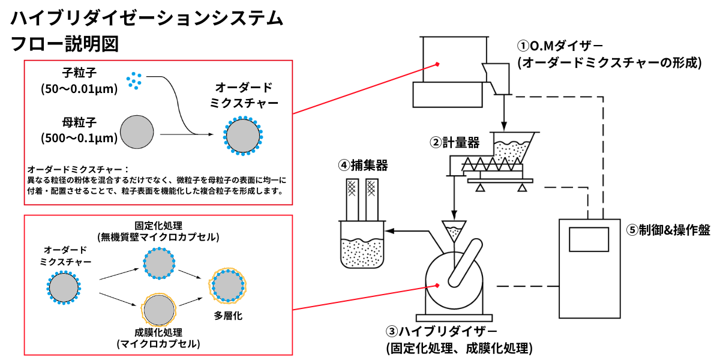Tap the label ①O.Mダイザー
coord(560,46)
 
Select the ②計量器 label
coord(455,142)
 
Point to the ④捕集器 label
coord(363,165)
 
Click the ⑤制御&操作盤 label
coord(668,230)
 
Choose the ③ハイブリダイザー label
coord(441,331)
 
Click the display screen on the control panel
coord(589,239)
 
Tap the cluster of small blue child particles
coord(134,80)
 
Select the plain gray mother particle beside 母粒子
coord(137,132)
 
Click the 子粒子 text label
coord(79,73)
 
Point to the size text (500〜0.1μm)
coord(79,138)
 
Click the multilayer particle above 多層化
coord(227,286)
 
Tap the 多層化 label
coord(228,316)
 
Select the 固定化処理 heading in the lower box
coord(158,226)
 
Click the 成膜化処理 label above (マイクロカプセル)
coord(158,332)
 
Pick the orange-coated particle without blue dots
coord(158,310)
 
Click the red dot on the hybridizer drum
coord(437,286)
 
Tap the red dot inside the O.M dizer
coord(437,64)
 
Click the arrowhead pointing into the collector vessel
coord(389,231)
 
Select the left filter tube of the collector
coord(352,199)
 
